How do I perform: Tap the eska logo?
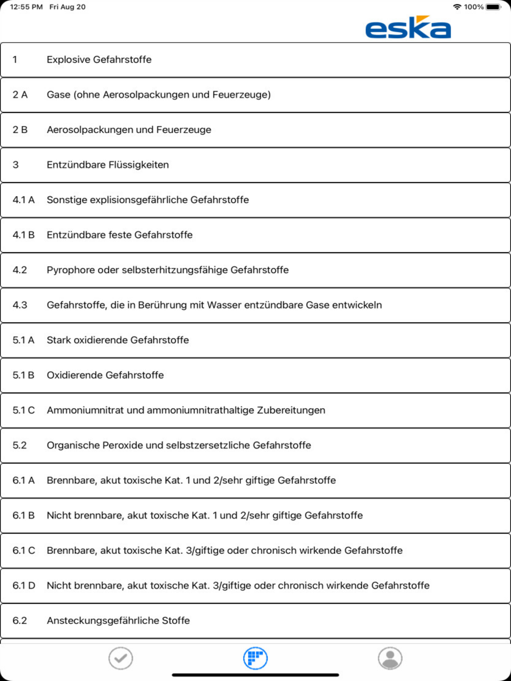click(408, 28)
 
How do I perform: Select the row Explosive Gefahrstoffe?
click(99, 60)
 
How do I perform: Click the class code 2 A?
click(20, 95)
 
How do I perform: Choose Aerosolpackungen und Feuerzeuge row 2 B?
click(129, 130)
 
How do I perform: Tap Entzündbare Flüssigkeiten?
click(108, 165)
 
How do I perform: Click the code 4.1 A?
click(24, 200)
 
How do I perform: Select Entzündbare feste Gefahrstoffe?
click(120, 235)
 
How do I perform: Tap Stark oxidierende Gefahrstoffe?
click(118, 340)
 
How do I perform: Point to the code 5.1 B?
click(24, 375)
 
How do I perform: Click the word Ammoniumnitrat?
click(85, 410)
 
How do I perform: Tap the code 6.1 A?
click(24, 480)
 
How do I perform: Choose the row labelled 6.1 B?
click(204, 516)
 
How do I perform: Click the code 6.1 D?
click(24, 586)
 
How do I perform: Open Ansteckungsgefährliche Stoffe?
click(118, 621)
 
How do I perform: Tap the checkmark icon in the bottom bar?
click(121, 658)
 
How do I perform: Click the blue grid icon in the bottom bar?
click(255, 658)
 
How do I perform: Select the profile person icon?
click(390, 658)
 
